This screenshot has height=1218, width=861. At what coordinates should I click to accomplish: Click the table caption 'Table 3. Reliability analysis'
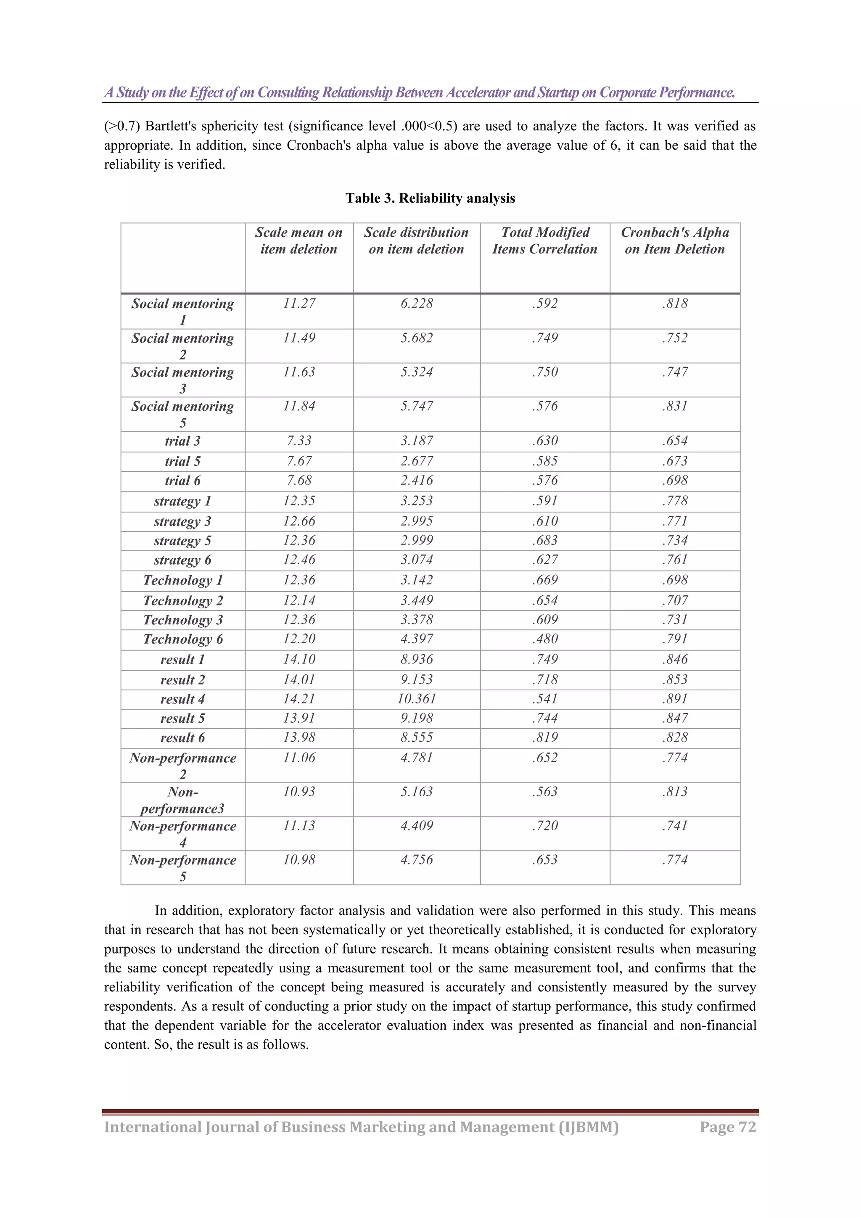(x=430, y=198)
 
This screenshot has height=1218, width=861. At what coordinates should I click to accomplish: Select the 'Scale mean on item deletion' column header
(x=298, y=240)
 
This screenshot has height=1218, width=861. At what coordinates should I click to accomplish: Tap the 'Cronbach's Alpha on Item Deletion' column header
(x=674, y=240)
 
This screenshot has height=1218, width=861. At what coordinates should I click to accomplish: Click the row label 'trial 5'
(x=182, y=461)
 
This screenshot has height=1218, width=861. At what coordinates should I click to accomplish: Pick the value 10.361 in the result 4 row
(x=417, y=699)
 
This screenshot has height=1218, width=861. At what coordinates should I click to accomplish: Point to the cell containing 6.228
(x=417, y=304)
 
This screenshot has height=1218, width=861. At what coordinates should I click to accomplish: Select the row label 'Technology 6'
(x=182, y=639)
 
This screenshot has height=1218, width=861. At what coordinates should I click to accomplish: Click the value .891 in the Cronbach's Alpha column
(x=674, y=699)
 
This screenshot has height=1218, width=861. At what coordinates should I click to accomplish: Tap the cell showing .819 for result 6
(x=545, y=737)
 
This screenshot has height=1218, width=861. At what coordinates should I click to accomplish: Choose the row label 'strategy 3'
(x=182, y=521)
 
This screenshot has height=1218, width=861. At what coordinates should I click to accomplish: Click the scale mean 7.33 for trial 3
(x=298, y=441)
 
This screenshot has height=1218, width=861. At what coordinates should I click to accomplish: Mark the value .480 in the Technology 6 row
(x=545, y=639)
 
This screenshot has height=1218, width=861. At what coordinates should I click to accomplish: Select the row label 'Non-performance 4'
(x=182, y=833)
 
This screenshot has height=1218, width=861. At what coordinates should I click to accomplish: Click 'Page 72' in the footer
(x=727, y=1127)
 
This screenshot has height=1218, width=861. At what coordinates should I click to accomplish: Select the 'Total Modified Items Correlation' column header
(x=545, y=240)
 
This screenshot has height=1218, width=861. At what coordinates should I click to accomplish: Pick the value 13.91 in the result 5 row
(x=298, y=718)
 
